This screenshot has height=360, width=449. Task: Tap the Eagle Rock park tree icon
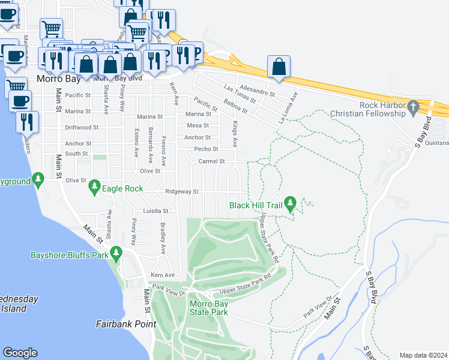click(94, 188)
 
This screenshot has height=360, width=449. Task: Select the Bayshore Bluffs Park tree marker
click(116, 254)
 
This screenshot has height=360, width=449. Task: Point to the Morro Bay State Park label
click(209, 308)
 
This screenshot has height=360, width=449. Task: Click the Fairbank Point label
click(126, 324)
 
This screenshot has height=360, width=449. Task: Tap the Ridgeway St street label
click(181, 192)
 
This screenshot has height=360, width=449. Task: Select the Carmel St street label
click(211, 161)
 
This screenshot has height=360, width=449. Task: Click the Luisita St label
click(155, 211)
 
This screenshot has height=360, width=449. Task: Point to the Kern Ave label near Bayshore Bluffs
click(161, 275)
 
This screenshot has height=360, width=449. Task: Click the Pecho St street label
click(206, 149)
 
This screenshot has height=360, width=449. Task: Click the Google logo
click(20, 353)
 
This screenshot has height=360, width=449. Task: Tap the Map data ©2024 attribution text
click(423, 355)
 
